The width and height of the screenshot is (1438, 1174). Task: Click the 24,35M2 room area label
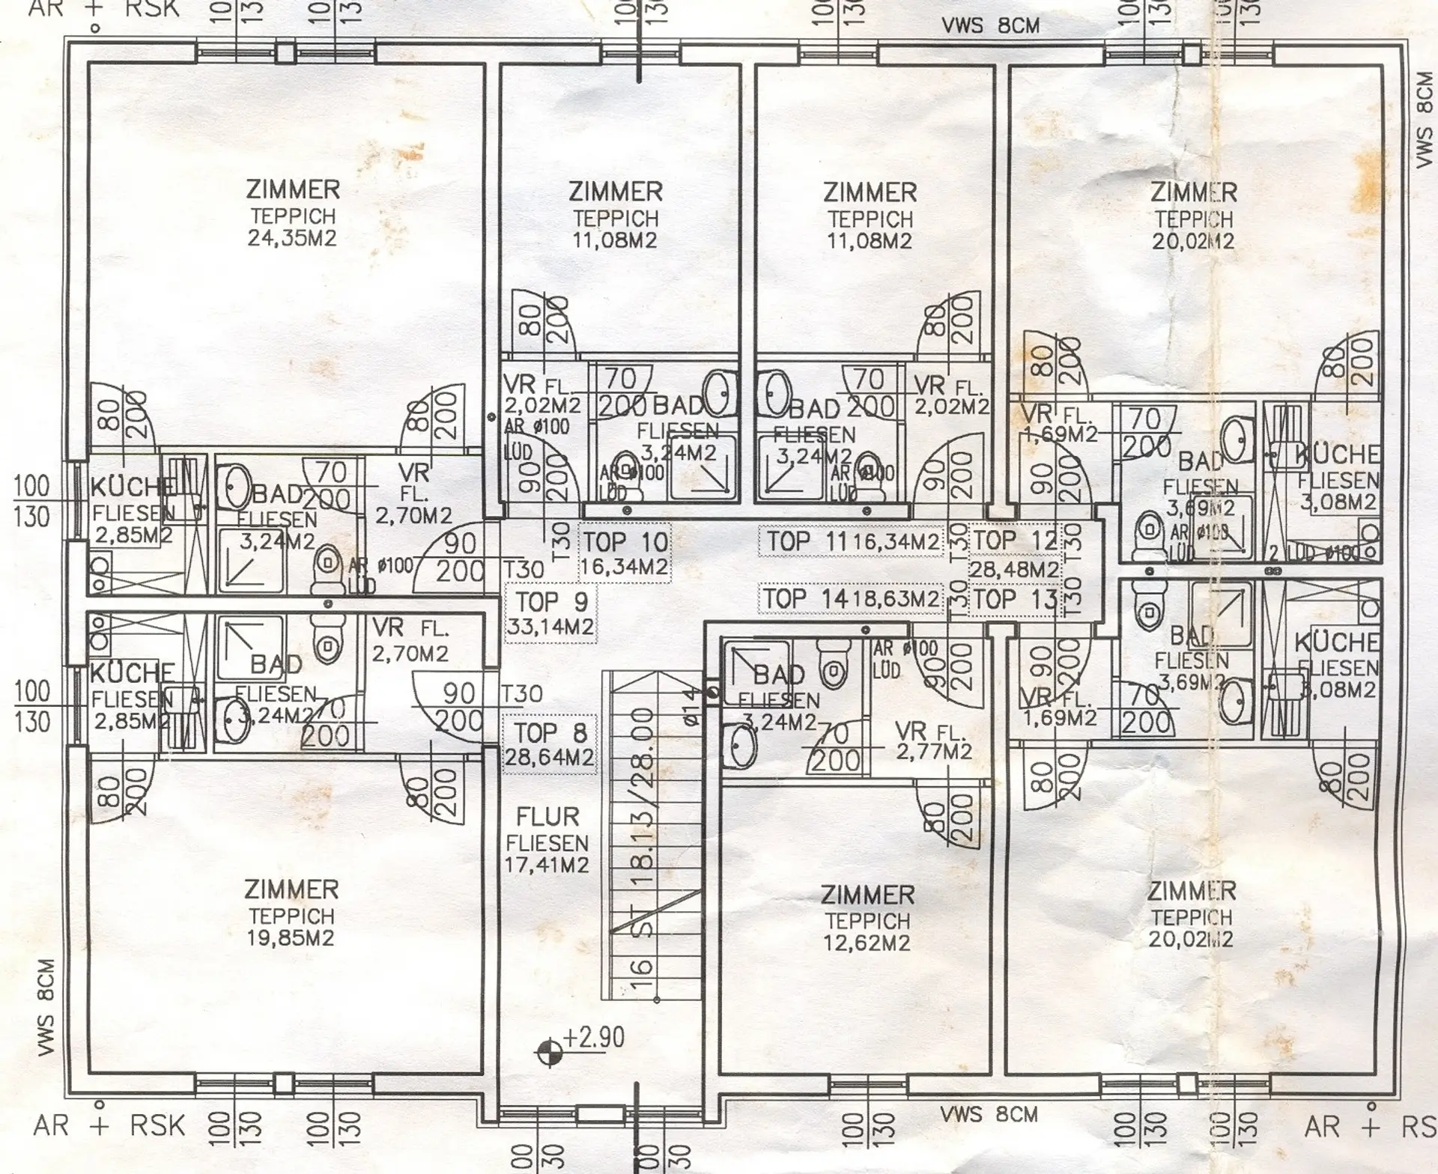(x=292, y=239)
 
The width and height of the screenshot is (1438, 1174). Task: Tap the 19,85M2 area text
(x=291, y=938)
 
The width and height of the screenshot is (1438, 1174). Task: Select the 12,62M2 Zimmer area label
(x=867, y=943)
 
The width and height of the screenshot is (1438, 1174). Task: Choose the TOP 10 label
(x=625, y=541)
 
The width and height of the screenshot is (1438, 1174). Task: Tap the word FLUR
(x=547, y=817)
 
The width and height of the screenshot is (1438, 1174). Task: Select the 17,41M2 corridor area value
(x=547, y=865)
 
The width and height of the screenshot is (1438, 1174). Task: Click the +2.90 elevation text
(x=594, y=1038)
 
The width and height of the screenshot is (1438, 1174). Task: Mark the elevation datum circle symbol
(x=549, y=1052)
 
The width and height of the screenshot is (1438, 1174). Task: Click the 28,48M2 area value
(x=1015, y=570)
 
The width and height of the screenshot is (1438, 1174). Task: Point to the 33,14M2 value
(x=552, y=626)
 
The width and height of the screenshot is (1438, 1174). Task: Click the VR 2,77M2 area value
(x=934, y=751)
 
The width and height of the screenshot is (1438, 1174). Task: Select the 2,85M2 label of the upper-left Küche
(x=133, y=536)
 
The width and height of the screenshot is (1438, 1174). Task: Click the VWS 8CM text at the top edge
(x=991, y=26)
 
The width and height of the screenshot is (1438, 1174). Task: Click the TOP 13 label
(x=1015, y=599)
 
